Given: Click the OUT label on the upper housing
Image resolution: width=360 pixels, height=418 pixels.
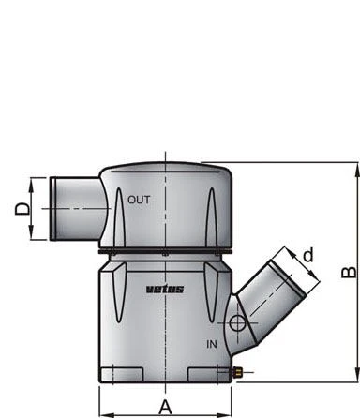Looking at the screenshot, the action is coord(139,200).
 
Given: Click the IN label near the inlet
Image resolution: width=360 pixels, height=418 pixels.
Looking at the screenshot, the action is coord(212,344).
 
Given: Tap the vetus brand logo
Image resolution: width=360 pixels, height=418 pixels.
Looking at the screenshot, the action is coord(165,289).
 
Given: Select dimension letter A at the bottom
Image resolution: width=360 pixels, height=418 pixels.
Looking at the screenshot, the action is coord(166,408).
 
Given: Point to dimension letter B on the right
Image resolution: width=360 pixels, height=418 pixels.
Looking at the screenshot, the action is coord(349,272).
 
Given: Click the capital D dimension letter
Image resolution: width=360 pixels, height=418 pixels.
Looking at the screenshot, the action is coord(22,209).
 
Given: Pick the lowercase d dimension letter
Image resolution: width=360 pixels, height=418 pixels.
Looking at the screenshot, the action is coord(308,255).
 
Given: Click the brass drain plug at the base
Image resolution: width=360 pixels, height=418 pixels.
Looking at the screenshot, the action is coord(237,372).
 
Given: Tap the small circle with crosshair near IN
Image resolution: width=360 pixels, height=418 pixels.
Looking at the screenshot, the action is coord(237,323).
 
